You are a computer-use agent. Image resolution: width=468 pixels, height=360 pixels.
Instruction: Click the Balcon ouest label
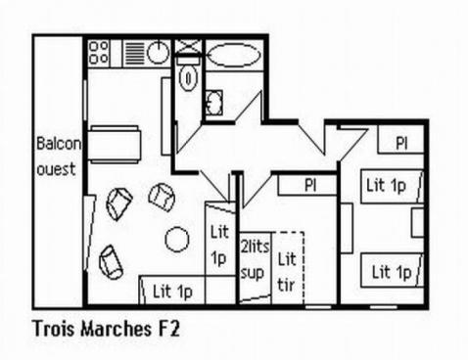click(x=58, y=155)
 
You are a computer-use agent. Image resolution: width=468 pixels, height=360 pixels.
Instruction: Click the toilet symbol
click(x=190, y=76)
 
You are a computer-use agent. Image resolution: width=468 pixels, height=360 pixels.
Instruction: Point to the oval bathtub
click(x=234, y=54)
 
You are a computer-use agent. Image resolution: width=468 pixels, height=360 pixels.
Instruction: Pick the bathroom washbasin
click(x=214, y=101)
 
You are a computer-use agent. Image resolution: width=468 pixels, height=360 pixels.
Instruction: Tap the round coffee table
click(x=177, y=238)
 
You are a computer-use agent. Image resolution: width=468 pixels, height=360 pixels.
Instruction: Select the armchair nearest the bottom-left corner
click(x=111, y=261)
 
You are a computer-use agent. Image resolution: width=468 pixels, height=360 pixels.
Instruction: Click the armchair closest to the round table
click(x=162, y=197)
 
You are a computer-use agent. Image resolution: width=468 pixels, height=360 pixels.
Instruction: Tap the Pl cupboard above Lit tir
click(x=309, y=184)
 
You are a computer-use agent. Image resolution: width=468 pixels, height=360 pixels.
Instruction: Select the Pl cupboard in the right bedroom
click(x=401, y=143)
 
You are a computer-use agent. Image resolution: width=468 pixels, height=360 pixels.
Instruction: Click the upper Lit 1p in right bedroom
click(x=387, y=184)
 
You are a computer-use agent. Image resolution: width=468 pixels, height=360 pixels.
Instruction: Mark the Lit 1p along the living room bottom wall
click(x=172, y=290)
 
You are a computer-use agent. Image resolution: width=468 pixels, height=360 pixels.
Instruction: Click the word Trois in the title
click(x=55, y=328)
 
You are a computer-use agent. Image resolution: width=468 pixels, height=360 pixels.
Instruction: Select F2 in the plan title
click(x=167, y=328)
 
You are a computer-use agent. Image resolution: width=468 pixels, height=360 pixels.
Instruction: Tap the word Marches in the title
click(x=116, y=328)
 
